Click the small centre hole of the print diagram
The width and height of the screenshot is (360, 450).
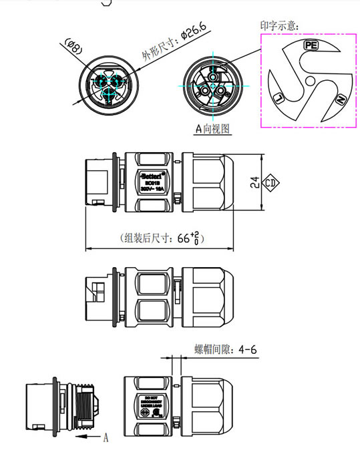point(311,80)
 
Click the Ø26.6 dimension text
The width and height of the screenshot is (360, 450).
point(166,45)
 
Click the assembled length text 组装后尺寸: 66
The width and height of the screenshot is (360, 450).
point(160,238)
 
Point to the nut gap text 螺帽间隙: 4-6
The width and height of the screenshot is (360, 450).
point(226,349)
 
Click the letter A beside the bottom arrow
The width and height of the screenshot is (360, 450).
point(106,438)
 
